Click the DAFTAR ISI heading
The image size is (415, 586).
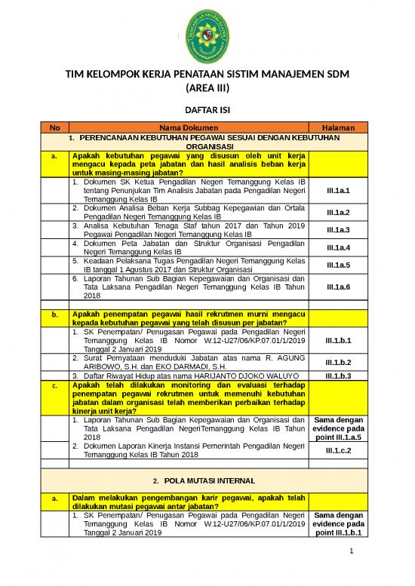click(207, 110)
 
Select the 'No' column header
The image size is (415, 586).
click(52, 127)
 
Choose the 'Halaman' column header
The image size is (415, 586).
click(338, 127)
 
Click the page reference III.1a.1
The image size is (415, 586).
click(338, 192)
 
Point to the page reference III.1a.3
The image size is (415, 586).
click(338, 229)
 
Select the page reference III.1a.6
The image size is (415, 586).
click(338, 287)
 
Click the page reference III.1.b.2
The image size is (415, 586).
click(338, 362)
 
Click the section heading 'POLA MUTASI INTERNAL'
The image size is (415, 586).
click(207, 480)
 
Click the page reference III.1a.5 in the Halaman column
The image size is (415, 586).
click(338, 265)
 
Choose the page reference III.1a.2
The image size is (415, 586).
click(338, 212)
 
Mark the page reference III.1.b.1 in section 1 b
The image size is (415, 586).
click(338, 340)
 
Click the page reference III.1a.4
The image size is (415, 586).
click(338, 247)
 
